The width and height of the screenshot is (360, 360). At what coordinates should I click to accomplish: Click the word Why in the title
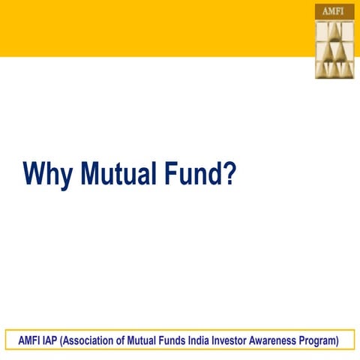[x=49, y=174]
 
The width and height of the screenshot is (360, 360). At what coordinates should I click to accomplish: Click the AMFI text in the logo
[x=334, y=12]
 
